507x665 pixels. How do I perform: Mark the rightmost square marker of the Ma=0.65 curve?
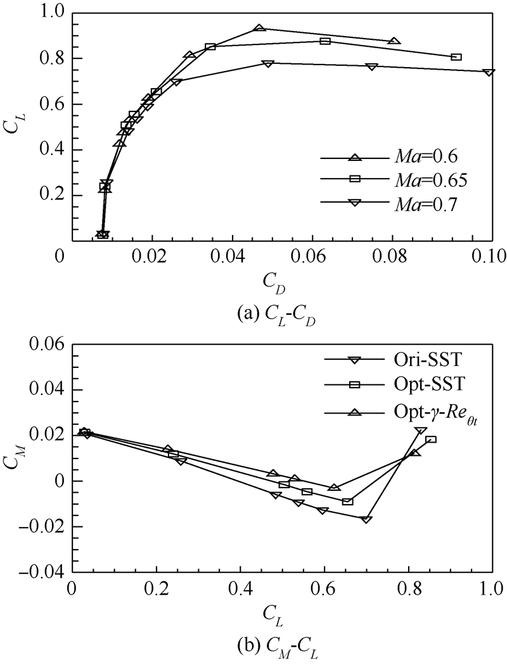456,57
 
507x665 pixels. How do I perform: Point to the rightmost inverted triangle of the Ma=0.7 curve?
489,72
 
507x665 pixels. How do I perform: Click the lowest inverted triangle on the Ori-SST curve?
366,519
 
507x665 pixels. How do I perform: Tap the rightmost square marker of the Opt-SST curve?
431,440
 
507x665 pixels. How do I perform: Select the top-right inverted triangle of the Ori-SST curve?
420,431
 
